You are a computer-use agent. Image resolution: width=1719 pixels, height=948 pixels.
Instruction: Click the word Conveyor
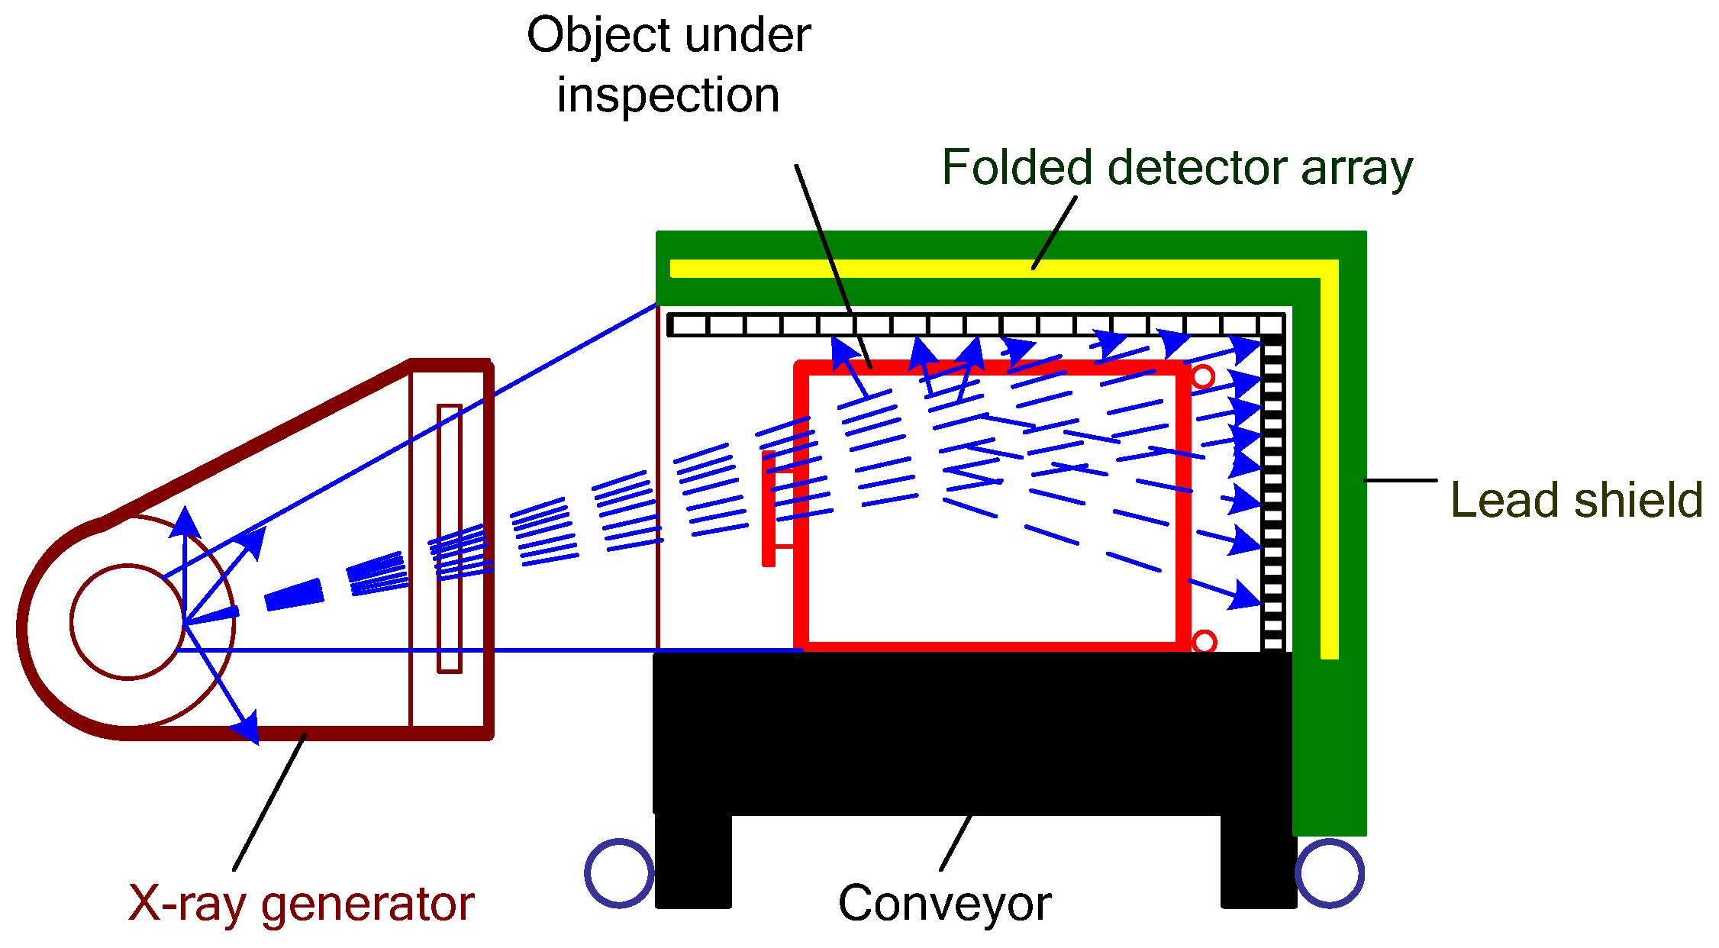coord(944,904)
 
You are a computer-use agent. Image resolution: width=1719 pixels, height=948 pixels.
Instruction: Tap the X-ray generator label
coord(301,904)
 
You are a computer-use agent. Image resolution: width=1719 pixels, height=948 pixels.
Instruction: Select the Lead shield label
coord(1575,501)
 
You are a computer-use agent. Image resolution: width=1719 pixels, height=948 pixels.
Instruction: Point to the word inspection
coord(668,95)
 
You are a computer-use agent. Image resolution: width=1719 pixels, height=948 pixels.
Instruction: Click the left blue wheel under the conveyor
coord(619,872)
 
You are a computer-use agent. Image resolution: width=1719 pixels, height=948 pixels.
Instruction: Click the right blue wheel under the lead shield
coord(1330,872)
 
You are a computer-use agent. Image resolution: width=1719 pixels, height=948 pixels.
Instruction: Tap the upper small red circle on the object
coord(1203,377)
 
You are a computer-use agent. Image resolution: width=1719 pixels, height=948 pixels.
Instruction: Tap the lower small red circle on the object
coord(1204,642)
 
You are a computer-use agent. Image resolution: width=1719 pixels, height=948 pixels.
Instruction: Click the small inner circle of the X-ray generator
coord(127,621)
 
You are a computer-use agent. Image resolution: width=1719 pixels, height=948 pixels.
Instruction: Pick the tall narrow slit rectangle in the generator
coord(450,539)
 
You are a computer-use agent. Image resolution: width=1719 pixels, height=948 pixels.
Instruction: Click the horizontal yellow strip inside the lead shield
coord(992,269)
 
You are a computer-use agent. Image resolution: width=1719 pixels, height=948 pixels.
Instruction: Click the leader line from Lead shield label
coord(1401,480)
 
